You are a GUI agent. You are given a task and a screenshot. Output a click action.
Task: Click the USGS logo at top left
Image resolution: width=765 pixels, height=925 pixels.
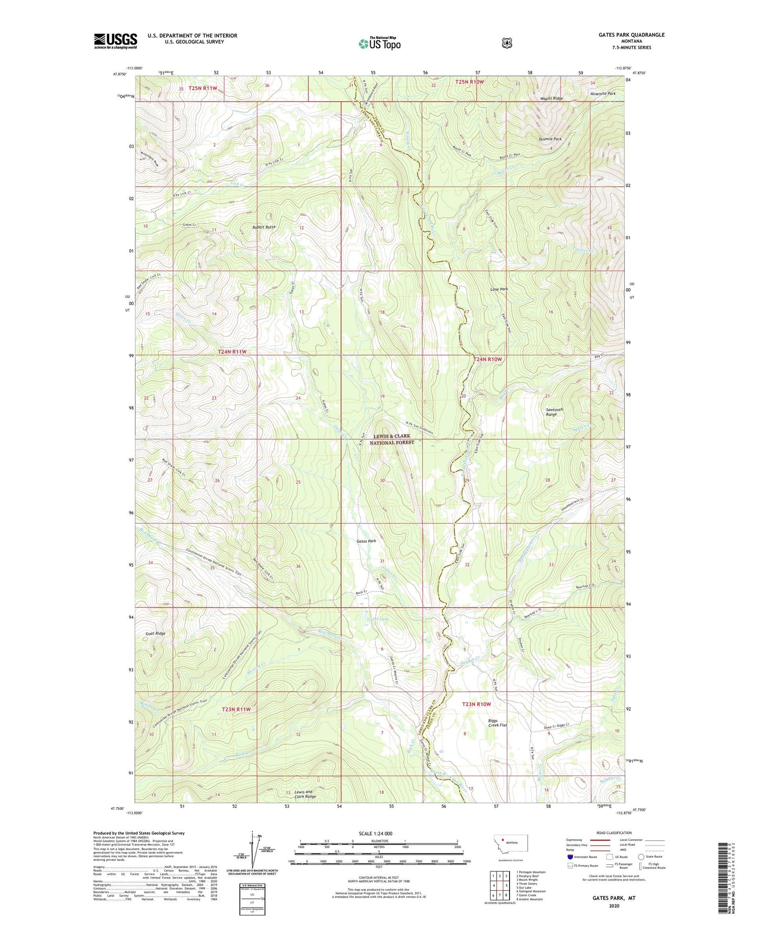[x=116, y=41]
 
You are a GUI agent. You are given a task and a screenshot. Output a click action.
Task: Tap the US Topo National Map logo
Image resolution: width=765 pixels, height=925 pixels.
[x=379, y=43]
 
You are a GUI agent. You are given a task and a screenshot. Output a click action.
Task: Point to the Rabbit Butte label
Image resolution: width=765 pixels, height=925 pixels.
[x=264, y=227]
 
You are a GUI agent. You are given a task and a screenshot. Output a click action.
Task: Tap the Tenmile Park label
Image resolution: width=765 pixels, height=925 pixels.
[x=550, y=139]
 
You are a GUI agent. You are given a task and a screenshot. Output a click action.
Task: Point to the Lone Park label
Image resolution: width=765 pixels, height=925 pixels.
[x=499, y=289]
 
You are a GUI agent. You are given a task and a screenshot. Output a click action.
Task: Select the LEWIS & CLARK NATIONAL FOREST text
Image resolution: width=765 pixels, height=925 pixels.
[x=392, y=439]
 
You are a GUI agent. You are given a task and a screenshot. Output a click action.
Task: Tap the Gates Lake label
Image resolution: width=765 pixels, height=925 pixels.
[x=377, y=619]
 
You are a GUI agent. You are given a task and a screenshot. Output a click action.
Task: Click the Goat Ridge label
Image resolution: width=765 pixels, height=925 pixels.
[x=155, y=633]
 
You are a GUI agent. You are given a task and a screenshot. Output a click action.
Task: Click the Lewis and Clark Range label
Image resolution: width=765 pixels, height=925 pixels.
[x=305, y=794]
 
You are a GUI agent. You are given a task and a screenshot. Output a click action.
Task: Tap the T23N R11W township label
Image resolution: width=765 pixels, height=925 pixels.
[x=236, y=709]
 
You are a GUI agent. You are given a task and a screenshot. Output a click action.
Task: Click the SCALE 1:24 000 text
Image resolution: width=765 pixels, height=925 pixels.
[x=379, y=834]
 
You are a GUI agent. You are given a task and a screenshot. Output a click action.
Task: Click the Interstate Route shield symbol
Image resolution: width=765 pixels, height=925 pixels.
[x=570, y=857]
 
